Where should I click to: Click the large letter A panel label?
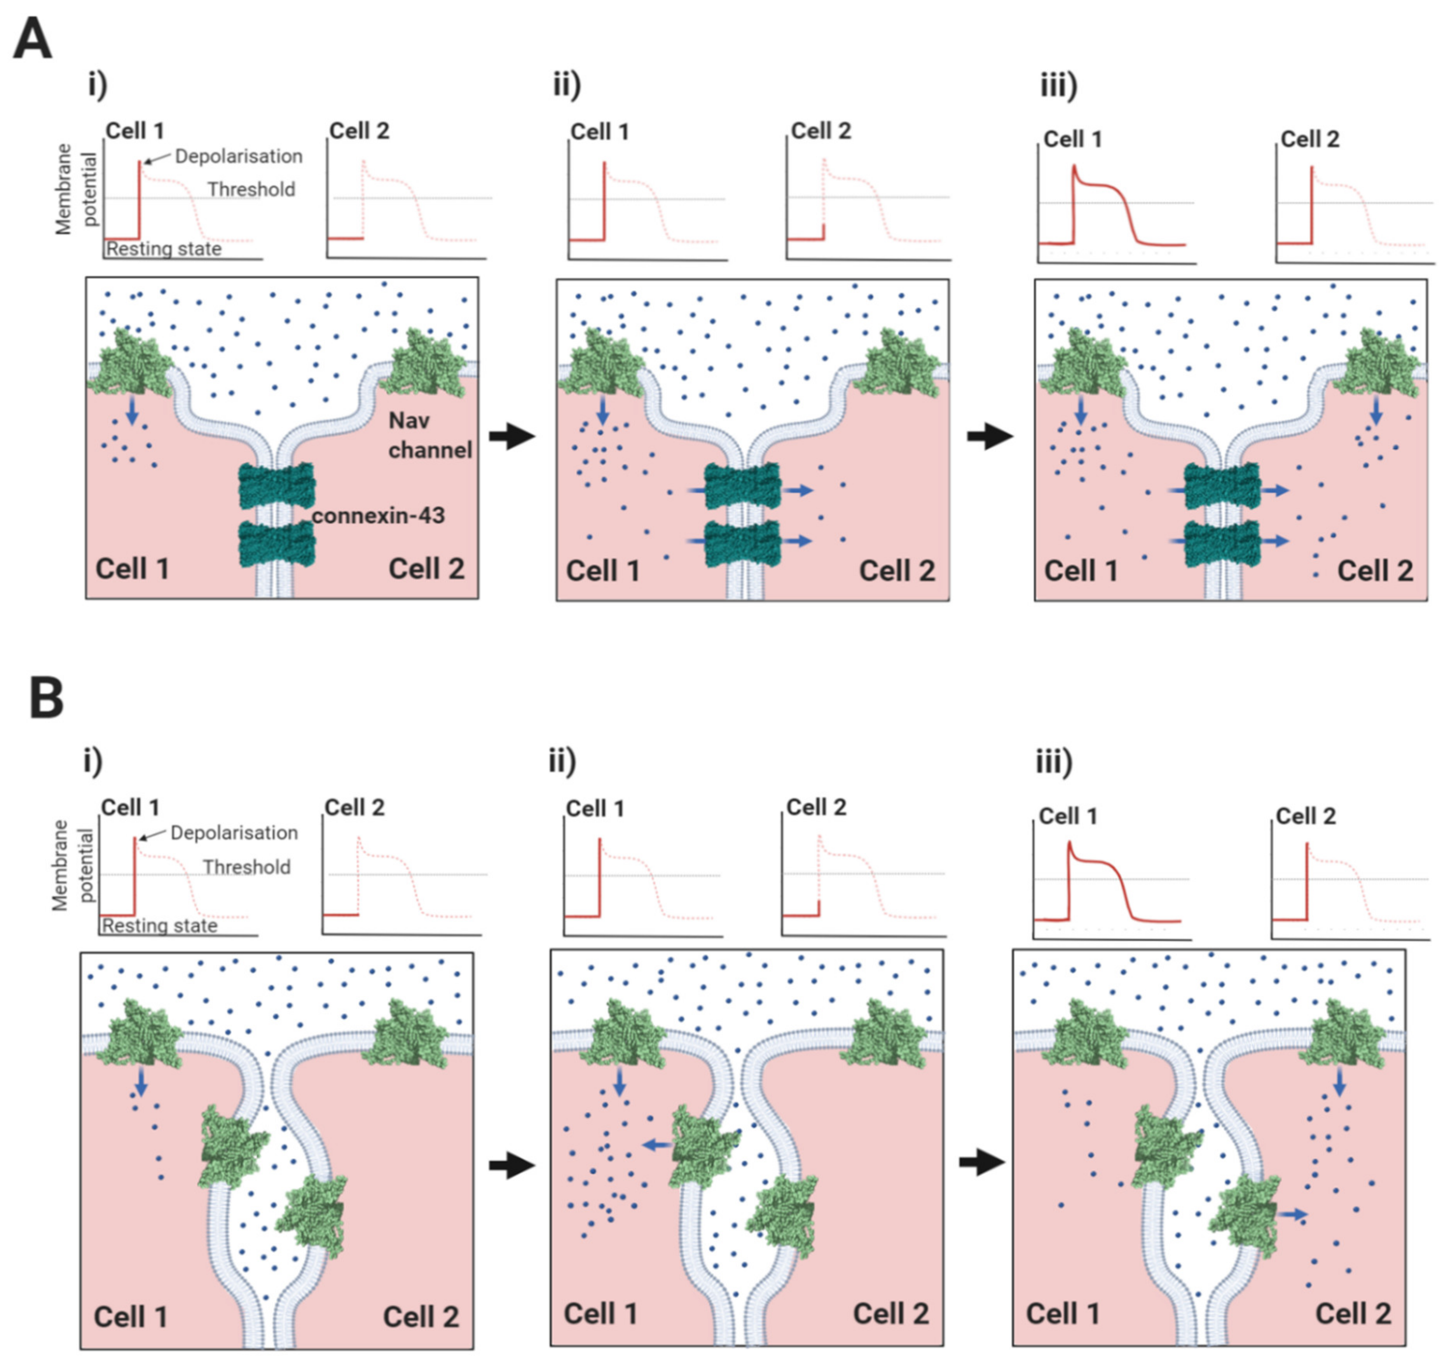click(x=33, y=40)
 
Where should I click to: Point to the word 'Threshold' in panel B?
click(x=246, y=867)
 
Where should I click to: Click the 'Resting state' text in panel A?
click(x=164, y=249)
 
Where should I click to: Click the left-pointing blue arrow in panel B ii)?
click(x=657, y=1146)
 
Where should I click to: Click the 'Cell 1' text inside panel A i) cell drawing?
click(x=133, y=569)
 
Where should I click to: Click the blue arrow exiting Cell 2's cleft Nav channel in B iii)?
click(x=1292, y=1214)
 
